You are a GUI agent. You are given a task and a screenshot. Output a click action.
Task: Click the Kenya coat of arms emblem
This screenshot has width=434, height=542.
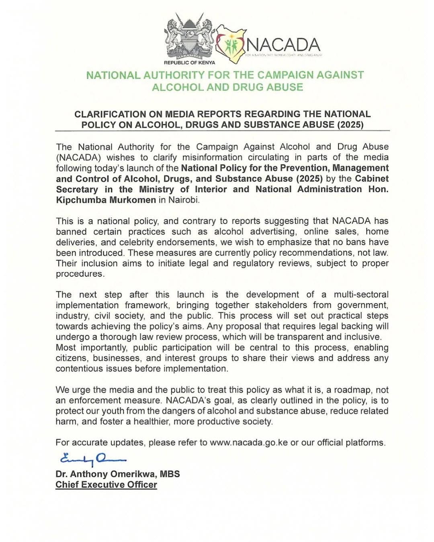[x=190, y=37]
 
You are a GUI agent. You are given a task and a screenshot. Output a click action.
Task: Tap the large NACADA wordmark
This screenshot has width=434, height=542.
[x=283, y=45]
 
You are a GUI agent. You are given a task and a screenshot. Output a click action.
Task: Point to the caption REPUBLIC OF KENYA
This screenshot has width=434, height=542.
[x=189, y=63]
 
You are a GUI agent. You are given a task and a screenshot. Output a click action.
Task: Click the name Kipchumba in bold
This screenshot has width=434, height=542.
[x=80, y=200]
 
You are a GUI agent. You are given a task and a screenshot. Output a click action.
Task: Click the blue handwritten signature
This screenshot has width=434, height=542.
[x=92, y=458]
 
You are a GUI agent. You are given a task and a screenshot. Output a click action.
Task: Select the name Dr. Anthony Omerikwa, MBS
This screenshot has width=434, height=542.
[x=118, y=474]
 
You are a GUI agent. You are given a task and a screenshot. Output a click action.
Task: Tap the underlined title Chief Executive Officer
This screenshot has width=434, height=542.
[x=106, y=485]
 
